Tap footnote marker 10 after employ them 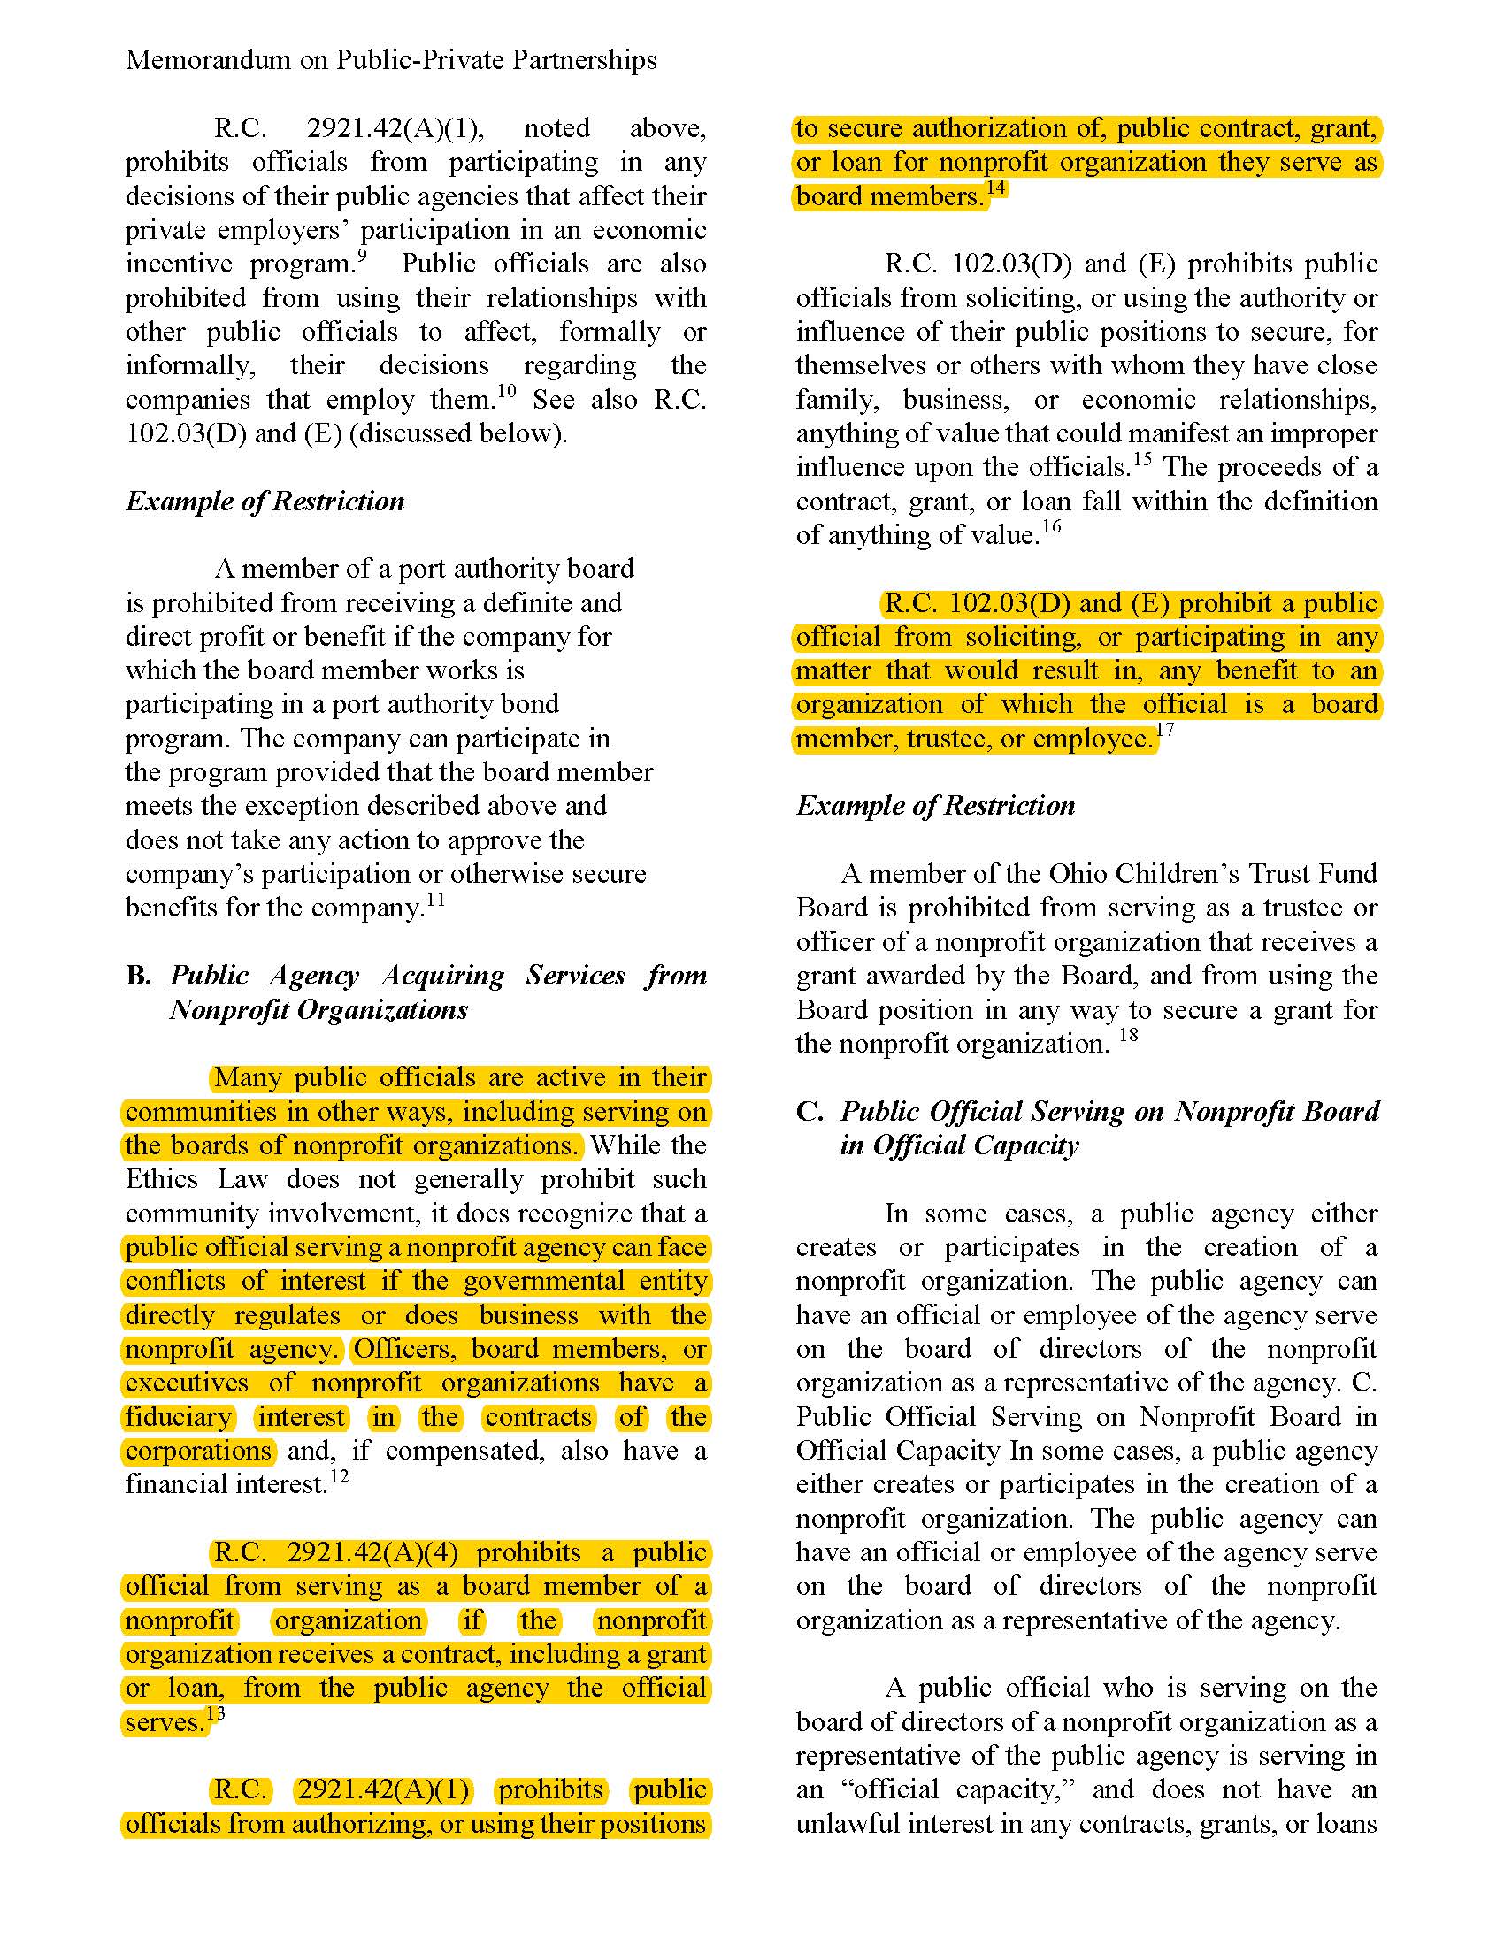pos(505,391)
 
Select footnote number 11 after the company pos(434,900)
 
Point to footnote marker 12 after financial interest pos(339,1476)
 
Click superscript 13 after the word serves pos(216,1713)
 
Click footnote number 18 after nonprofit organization pos(1128,1036)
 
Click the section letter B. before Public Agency pos(138,976)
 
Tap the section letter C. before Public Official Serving pos(809,1111)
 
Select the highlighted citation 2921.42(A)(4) pos(372,1553)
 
